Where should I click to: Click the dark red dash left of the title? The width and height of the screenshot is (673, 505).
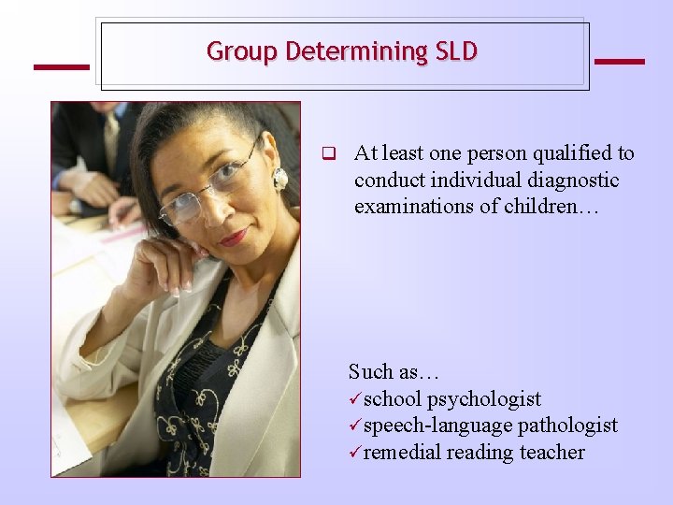pos(61,66)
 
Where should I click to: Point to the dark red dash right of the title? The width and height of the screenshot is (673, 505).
pos(619,62)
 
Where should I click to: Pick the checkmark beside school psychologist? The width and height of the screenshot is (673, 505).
pos(355,399)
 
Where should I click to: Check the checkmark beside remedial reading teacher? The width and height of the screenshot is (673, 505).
pos(355,453)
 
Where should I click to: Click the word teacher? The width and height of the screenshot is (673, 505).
pos(554,453)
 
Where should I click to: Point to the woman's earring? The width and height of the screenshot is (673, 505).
pos(279,178)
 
